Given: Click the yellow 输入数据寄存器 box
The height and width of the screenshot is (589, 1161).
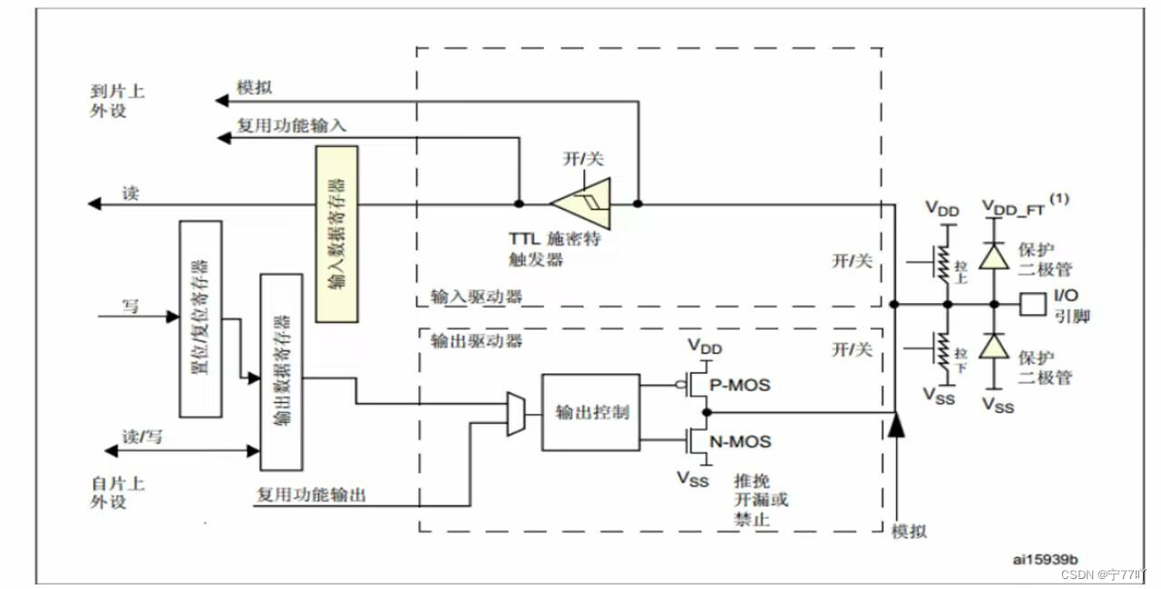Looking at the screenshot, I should click(x=337, y=233).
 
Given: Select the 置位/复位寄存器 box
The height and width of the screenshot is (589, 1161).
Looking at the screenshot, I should click(x=200, y=319).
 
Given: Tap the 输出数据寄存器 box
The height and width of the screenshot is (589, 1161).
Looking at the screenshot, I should click(x=281, y=371).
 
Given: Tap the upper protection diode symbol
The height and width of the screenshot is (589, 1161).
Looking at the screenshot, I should click(x=995, y=258).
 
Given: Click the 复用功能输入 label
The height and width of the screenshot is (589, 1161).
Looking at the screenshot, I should click(x=291, y=125).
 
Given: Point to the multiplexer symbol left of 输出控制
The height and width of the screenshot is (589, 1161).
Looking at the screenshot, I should click(x=515, y=414).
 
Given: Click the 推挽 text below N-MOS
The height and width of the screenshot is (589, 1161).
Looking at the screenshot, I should click(x=748, y=480).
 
